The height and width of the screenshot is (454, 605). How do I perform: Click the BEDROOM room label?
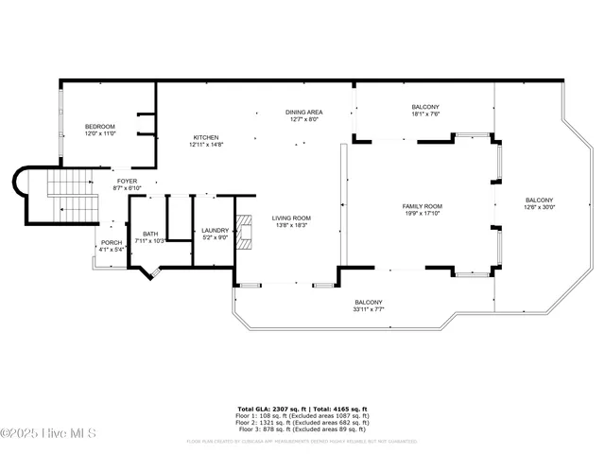[99, 127]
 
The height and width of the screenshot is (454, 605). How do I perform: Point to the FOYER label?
[128, 181]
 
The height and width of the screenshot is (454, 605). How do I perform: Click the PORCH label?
[111, 243]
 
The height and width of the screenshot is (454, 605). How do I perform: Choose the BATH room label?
[150, 234]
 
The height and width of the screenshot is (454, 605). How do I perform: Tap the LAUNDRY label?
[216, 230]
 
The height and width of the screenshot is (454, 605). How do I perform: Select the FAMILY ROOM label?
[423, 206]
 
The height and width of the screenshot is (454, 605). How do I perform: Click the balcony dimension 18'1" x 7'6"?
[425, 114]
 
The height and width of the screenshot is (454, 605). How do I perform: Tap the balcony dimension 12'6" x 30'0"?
[539, 207]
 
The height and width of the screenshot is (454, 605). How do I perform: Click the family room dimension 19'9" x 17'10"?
[423, 213]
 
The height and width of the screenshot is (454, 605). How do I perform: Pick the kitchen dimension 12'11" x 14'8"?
[206, 144]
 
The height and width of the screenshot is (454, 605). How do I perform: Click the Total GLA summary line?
[302, 410]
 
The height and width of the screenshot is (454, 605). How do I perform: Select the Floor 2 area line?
[302, 421]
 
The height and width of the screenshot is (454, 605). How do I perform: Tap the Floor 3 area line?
[302, 428]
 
